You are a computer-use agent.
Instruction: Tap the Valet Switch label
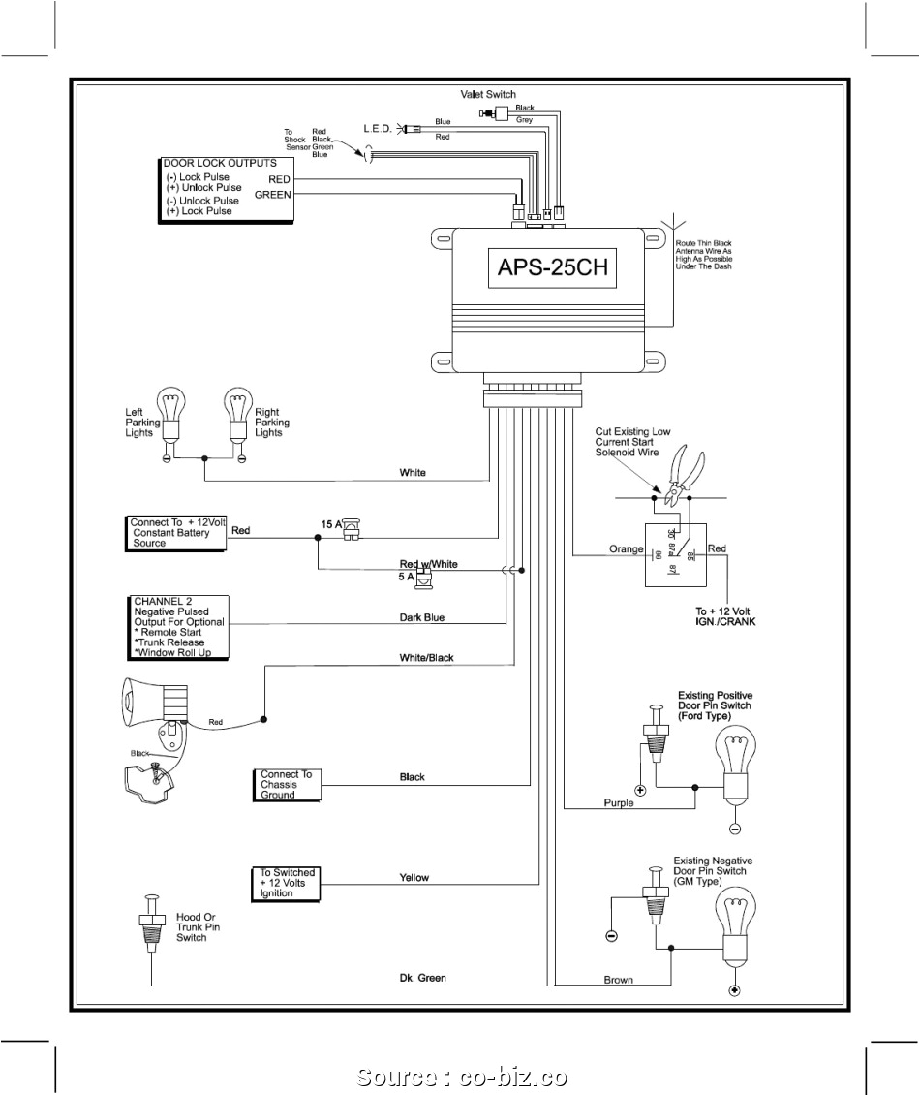487,94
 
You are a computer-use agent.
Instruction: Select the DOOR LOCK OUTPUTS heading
220,163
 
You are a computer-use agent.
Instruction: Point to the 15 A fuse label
331,524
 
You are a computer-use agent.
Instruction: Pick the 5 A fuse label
405,577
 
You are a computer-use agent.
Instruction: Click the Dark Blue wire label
422,617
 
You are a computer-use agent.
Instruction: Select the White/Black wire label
426,658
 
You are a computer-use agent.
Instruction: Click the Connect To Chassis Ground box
286,785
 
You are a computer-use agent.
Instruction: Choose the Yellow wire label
414,878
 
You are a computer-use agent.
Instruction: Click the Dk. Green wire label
422,978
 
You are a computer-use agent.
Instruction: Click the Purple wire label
618,802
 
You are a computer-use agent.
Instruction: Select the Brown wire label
618,980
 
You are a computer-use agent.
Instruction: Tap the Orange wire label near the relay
626,549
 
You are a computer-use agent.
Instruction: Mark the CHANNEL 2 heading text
165,601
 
